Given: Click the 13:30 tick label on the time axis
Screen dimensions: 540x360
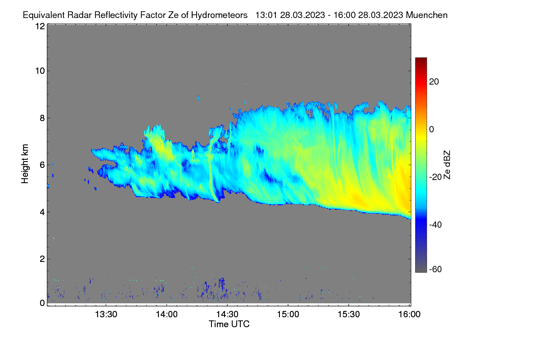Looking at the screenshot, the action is click(106, 315).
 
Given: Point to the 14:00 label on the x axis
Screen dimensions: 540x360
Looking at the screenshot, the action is click(166, 315).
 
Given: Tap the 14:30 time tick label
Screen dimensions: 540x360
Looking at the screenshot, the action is click(227, 315).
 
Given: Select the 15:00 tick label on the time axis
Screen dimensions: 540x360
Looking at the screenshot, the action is click(288, 315).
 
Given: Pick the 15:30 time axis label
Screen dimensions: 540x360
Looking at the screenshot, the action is click(349, 315).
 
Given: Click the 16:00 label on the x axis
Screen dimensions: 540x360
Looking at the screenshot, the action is click(409, 315).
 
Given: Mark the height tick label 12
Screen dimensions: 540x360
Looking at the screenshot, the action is click(40, 26).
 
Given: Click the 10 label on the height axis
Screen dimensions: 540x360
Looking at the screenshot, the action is click(40, 71).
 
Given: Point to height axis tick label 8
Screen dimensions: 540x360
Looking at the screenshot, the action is click(42, 118).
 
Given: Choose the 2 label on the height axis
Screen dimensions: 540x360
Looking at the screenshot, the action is click(42, 259).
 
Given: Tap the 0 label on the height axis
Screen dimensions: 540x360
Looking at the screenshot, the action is click(42, 303).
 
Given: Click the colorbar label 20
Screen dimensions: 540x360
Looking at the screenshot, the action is click(434, 82).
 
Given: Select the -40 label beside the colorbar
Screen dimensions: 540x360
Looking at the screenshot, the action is click(436, 225).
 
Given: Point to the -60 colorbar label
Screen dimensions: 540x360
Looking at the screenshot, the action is click(436, 270).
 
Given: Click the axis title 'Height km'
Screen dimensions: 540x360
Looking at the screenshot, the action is click(25, 164).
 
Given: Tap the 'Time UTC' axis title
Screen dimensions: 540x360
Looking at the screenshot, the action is click(229, 324).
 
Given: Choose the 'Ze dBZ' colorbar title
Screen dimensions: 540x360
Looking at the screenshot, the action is click(447, 165).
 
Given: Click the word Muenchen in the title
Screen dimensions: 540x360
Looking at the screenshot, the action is click(427, 15).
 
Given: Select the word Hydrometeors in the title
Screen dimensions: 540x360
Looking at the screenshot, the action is click(220, 15).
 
